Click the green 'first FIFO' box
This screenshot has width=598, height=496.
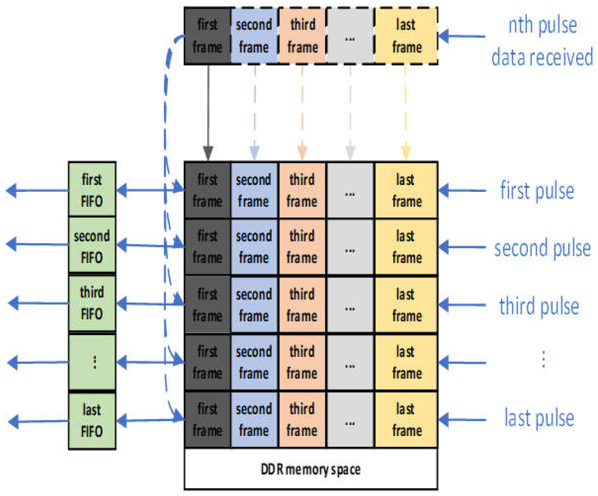[92, 190]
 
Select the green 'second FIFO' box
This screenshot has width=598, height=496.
[92, 246]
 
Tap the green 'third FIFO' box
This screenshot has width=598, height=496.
[92, 303]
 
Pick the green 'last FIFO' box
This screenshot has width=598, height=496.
[92, 421]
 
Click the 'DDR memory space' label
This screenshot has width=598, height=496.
[311, 470]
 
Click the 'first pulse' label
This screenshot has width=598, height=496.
[537, 191]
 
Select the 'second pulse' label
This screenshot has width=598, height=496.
[542, 248]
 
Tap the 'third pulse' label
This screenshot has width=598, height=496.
[539, 305]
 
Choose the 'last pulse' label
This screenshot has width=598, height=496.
[539, 418]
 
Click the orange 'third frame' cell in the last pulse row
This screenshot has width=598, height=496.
[302, 420]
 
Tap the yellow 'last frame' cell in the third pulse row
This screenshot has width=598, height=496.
[406, 305]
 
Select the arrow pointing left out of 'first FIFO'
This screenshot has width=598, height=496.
[37, 190]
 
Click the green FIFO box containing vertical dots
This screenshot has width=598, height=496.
[92, 362]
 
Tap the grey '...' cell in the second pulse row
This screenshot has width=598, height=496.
[350, 247]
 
